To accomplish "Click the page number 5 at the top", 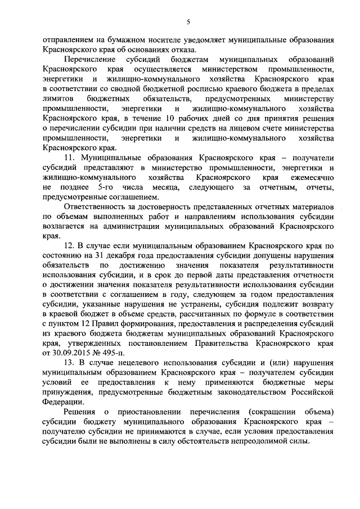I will tap(188, 21).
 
